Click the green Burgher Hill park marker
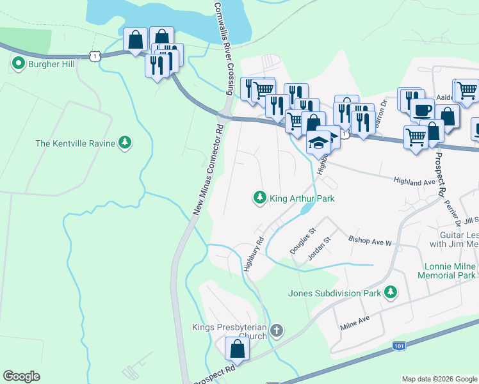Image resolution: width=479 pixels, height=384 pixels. coord(17,64)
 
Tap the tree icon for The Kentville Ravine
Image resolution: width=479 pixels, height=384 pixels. coord(126,143)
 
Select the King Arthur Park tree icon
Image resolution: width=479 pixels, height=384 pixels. coord(259,198)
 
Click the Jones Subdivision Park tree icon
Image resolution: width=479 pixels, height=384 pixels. coord(390,293)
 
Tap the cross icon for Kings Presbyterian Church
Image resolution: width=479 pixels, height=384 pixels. coord(276,331)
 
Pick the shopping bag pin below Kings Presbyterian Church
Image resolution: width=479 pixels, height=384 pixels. coord(237,349)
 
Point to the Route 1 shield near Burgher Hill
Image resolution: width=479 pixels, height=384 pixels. coord(95,57)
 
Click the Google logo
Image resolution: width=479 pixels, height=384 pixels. coord(21,376)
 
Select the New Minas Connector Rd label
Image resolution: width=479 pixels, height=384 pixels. coord(208,169)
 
